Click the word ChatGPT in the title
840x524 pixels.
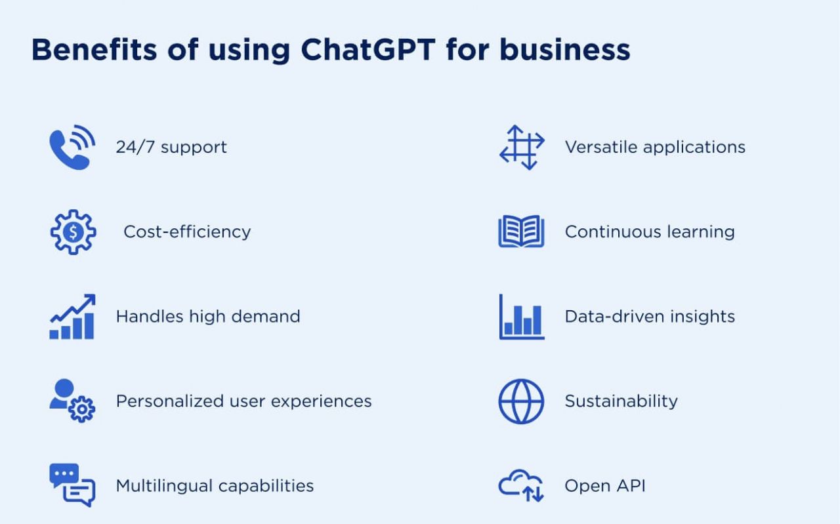[x=368, y=49]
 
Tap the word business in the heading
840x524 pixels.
[x=565, y=49]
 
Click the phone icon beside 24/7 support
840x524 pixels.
[x=72, y=148]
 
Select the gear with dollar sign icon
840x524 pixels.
[x=73, y=232]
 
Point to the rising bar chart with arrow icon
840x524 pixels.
[x=72, y=317]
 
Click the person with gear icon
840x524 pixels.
[x=72, y=401]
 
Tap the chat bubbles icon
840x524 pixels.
[x=72, y=485]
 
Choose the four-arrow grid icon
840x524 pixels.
[x=522, y=148]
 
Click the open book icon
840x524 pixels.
[x=521, y=232]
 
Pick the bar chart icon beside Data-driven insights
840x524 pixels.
[x=522, y=317]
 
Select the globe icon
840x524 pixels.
[x=521, y=401]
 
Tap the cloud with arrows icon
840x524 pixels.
[x=521, y=485]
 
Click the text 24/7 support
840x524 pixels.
[x=171, y=147]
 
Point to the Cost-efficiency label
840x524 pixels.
[x=187, y=232]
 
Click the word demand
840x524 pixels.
[x=266, y=316]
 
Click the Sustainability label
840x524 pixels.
[x=621, y=401]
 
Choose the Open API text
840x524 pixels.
[x=605, y=486]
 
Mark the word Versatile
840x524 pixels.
[x=601, y=146]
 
